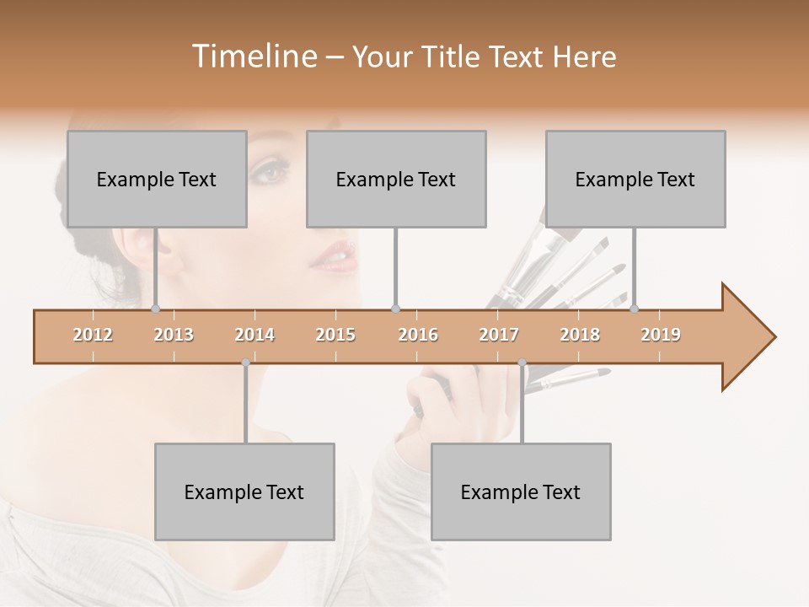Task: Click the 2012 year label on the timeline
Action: pyautogui.click(x=93, y=336)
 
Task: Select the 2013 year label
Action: pyautogui.click(x=174, y=336)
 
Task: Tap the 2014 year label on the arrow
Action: pyautogui.click(x=254, y=336)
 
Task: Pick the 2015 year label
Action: pyautogui.click(x=335, y=336)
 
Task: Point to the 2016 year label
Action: pyautogui.click(x=418, y=336)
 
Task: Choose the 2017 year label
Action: pyautogui.click(x=499, y=336)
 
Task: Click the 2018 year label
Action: pyautogui.click(x=580, y=336)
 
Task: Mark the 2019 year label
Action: pyautogui.click(x=661, y=336)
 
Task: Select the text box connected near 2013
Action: pyautogui.click(x=157, y=179)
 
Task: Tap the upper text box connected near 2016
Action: pyautogui.click(x=396, y=179)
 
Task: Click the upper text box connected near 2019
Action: pyautogui.click(x=635, y=179)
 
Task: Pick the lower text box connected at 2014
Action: pyautogui.click(x=244, y=492)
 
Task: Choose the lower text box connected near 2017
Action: pyautogui.click(x=521, y=492)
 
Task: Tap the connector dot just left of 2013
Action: pyautogui.click(x=155, y=309)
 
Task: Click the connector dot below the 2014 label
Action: pyautogui.click(x=245, y=363)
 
